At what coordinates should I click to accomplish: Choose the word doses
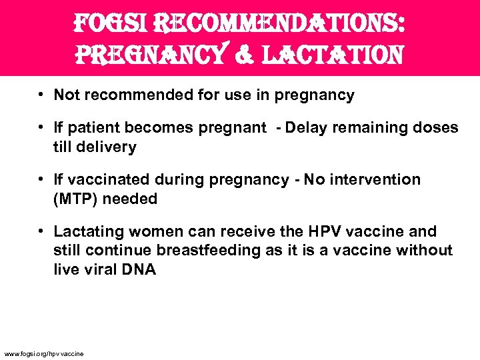pyautogui.click(x=437, y=128)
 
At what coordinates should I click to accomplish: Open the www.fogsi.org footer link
pyautogui.click(x=44, y=353)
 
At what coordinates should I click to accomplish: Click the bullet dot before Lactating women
pyautogui.click(x=41, y=232)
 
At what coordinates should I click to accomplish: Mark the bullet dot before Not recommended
pyautogui.click(x=41, y=95)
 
